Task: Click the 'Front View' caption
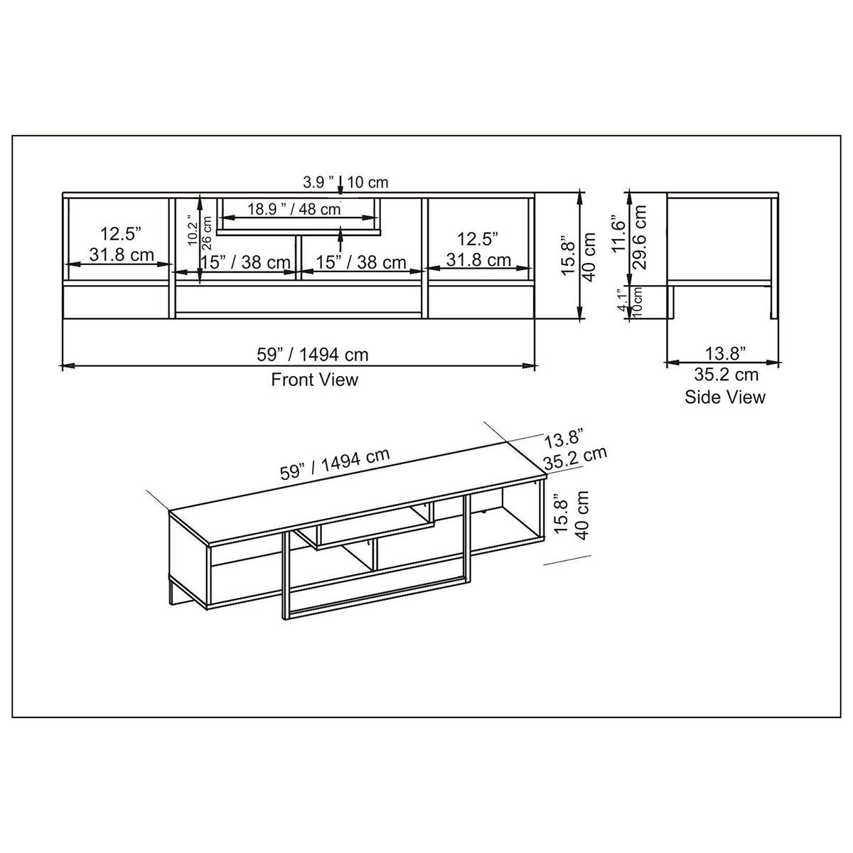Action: coord(314,380)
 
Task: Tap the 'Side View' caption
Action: coord(724,397)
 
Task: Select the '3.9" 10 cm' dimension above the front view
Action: coord(345,182)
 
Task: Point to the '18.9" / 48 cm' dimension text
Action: coord(294,209)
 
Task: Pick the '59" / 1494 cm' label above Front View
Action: coord(313,355)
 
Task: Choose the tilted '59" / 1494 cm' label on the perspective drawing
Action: coord(335,464)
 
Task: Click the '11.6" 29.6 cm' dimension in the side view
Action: coord(630,237)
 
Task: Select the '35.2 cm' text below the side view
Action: coord(726,375)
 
